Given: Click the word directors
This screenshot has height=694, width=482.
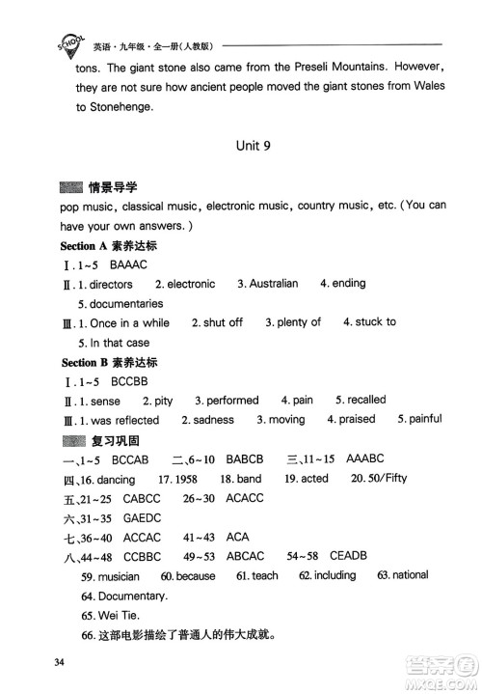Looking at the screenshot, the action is pos(111,285).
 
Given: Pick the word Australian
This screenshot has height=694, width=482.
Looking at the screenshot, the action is pos(273,285).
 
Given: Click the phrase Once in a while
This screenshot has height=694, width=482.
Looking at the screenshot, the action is pos(128,323).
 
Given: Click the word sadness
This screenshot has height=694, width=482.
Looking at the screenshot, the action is pos(213,420).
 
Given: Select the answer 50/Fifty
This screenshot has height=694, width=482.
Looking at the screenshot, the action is pos(381,479).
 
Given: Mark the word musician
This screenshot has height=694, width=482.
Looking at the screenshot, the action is pos(119,576).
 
